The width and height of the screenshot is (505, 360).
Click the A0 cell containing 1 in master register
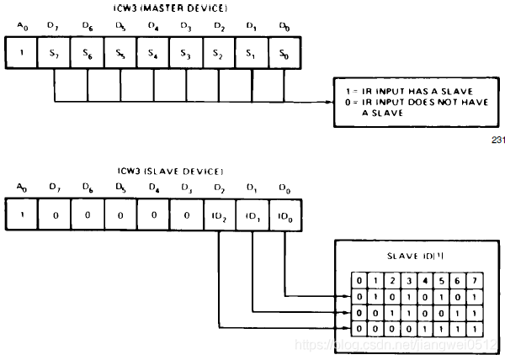click(x=22, y=55)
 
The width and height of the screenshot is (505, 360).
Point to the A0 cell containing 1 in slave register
click(x=22, y=215)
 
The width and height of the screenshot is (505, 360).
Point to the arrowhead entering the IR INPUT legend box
click(x=331, y=103)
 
